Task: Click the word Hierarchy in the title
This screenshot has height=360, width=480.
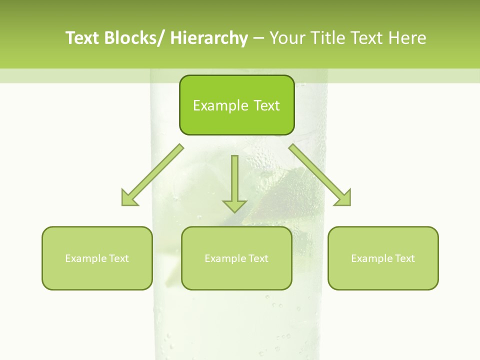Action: (x=209, y=38)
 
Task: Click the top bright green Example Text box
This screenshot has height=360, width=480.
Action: (x=236, y=105)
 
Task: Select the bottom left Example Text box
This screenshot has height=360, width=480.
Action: (x=97, y=258)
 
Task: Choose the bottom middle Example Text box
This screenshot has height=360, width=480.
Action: (x=236, y=258)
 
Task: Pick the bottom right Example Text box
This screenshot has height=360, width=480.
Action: (x=383, y=258)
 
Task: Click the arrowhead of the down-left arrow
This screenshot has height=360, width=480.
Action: (x=129, y=198)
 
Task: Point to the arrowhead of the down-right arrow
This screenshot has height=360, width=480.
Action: (x=343, y=198)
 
